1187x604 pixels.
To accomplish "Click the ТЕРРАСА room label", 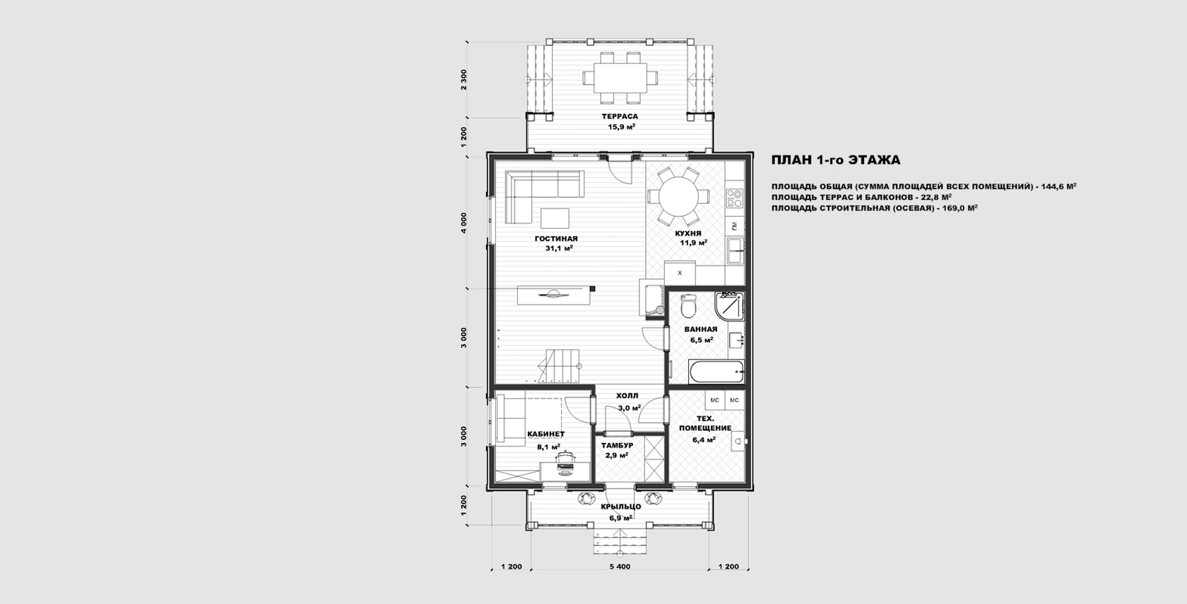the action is [620, 116].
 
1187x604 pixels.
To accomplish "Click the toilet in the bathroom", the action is [688, 306].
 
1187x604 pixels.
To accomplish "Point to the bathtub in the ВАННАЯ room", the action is [716, 372].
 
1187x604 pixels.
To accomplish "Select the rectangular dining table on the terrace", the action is [620, 78].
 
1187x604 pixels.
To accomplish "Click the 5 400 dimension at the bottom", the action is [620, 567].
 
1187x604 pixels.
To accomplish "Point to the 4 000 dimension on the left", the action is [464, 223].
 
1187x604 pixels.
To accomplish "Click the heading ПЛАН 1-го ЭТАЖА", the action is [835, 160].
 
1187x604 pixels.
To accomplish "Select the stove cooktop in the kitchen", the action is [735, 198].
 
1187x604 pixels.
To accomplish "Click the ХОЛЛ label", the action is [627, 396].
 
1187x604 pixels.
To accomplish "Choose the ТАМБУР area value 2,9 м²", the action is [617, 455].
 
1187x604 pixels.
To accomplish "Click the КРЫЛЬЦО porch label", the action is [621, 507].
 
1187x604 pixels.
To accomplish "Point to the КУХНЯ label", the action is [688, 233].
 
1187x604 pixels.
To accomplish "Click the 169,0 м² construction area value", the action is [959, 208].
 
